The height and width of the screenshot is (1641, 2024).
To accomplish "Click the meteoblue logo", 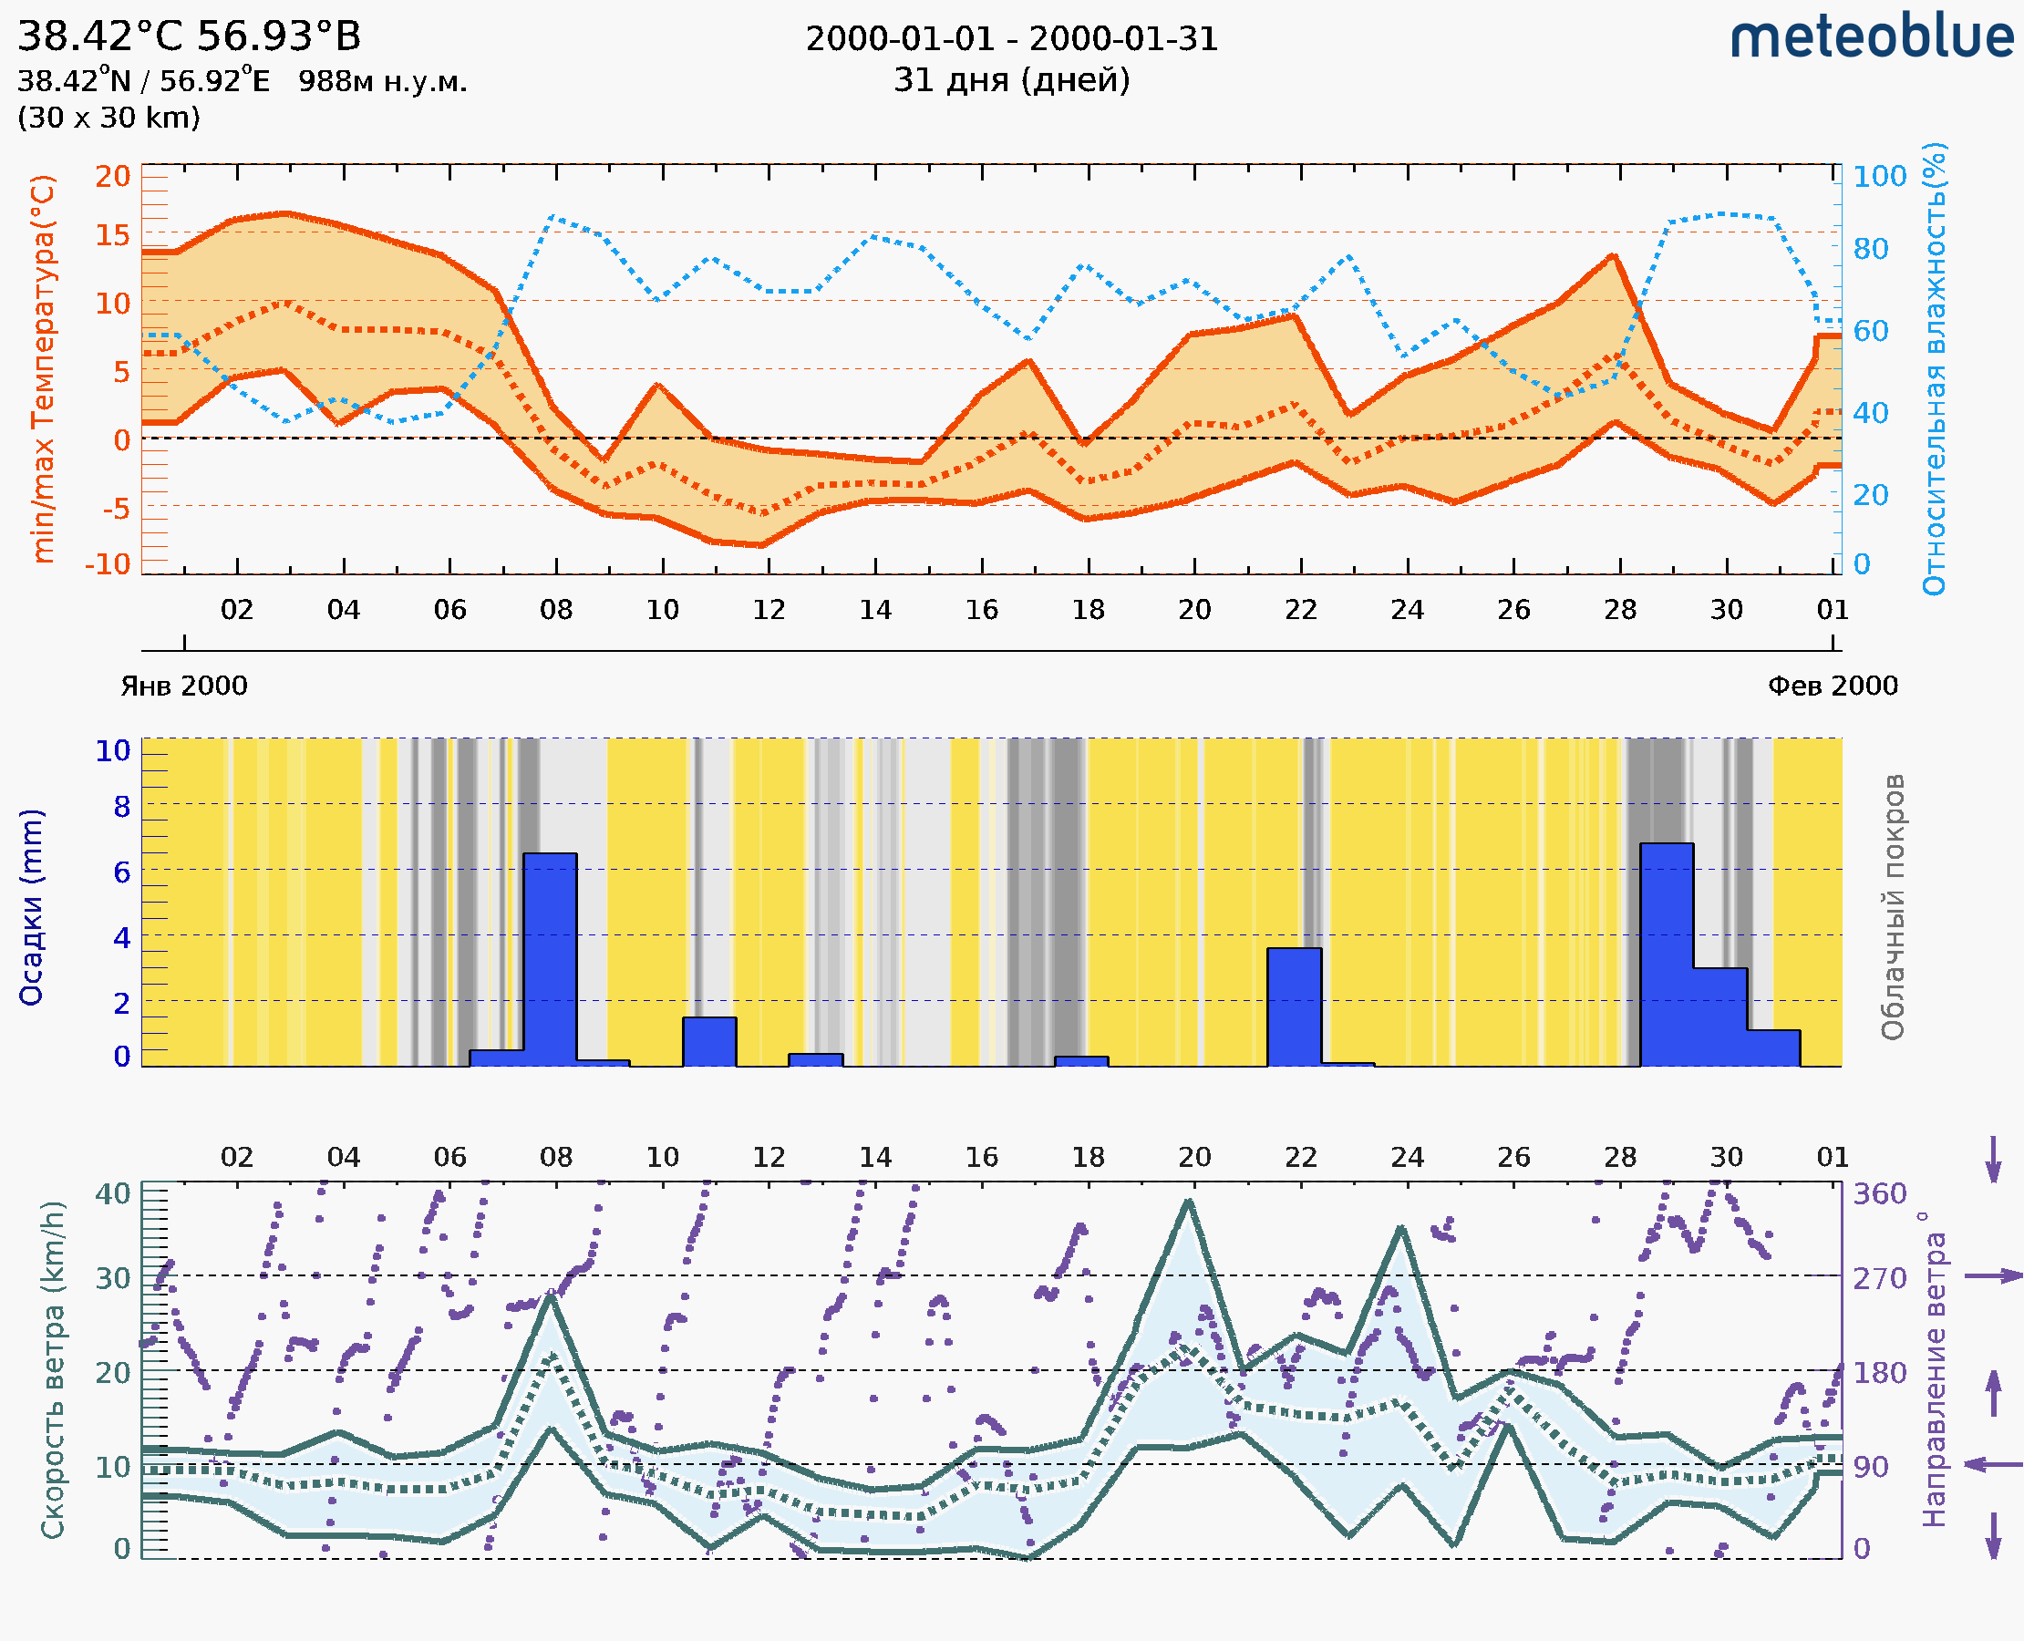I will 1871,37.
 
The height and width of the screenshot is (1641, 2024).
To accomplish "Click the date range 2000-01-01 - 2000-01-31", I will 1011,39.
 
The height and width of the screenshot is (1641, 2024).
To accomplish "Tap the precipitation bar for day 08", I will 550,958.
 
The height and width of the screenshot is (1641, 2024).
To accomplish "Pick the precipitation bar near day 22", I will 1293,1006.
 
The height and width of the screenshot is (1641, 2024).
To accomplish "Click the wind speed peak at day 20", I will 1189,1202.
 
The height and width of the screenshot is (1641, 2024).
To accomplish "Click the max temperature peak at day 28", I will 1614,256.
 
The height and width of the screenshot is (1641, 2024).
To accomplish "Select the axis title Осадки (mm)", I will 31,906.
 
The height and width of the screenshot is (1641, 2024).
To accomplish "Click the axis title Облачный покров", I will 1892,906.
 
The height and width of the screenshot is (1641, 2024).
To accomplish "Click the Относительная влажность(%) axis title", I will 1934,368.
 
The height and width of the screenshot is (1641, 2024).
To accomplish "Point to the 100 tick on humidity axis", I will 1879,177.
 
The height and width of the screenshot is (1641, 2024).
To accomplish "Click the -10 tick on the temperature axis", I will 108,564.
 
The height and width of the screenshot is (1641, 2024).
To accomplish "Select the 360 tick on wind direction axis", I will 1879,1194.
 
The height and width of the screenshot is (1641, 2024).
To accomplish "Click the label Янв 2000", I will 183,686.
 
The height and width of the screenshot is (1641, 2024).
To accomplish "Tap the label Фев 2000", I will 1833,686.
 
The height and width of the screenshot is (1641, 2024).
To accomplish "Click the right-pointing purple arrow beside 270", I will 1993,1276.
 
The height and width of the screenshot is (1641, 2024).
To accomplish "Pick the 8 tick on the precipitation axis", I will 122,806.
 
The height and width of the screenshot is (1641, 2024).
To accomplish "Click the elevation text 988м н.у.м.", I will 382,81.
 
